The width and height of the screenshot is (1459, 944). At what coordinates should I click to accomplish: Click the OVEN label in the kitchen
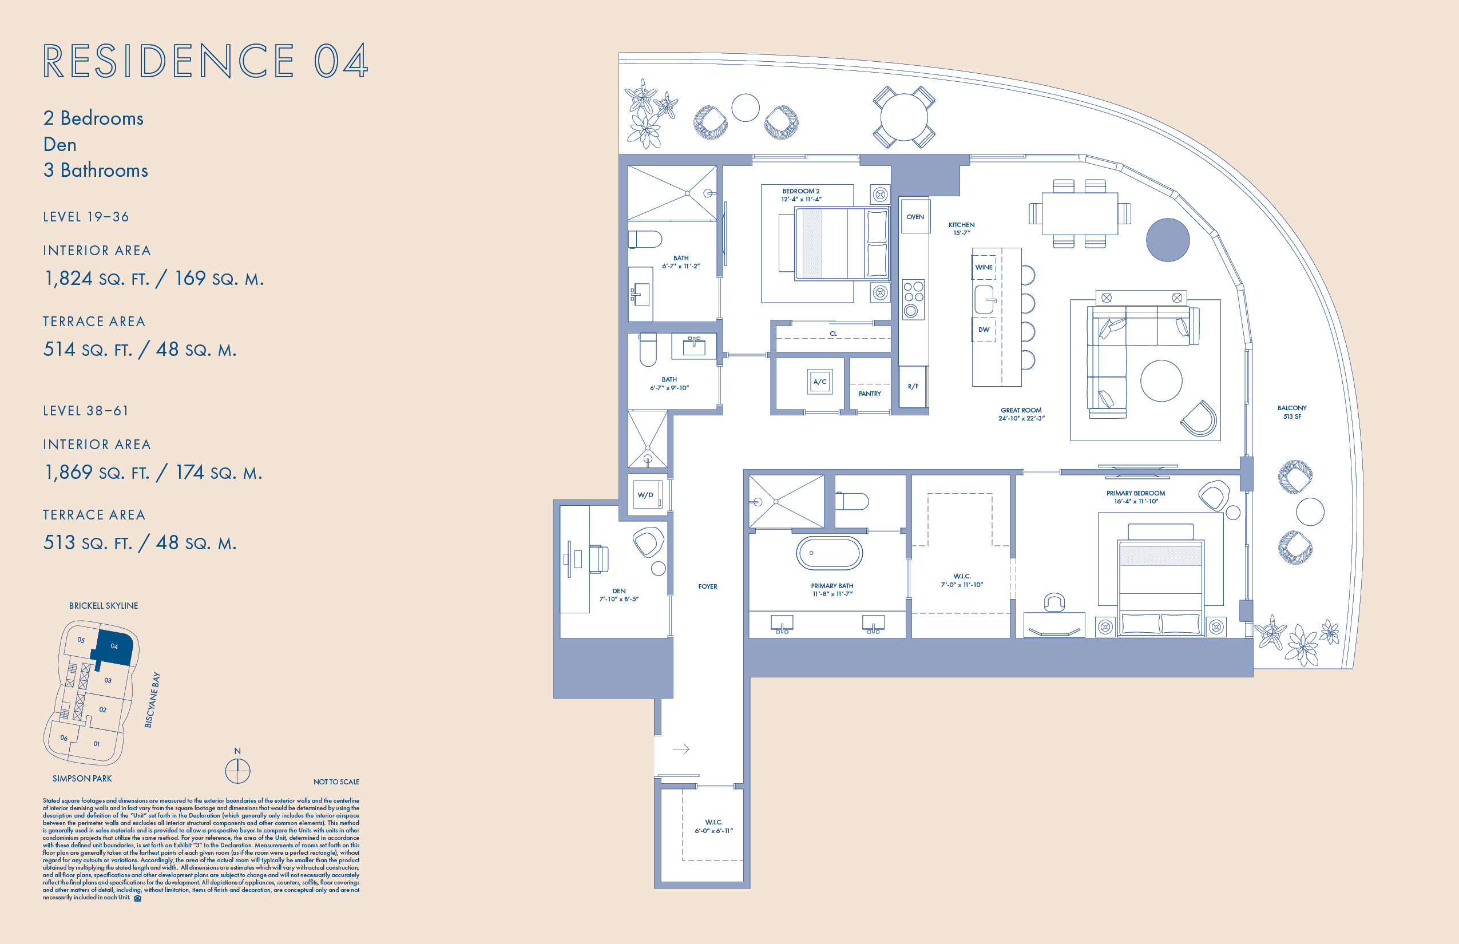(x=915, y=216)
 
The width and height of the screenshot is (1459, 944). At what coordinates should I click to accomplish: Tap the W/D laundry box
(x=646, y=494)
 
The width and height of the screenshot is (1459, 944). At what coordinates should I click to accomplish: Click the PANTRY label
(x=869, y=394)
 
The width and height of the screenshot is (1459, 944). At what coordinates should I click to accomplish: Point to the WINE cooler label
(x=984, y=267)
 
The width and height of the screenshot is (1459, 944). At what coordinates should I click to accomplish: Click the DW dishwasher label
(x=984, y=329)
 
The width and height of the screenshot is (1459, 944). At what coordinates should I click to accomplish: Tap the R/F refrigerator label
(x=913, y=386)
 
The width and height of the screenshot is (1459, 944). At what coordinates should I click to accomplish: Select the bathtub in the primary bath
(x=829, y=553)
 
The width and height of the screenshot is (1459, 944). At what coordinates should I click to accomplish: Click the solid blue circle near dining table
(x=1167, y=240)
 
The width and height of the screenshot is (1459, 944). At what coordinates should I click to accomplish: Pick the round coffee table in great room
(x=1160, y=380)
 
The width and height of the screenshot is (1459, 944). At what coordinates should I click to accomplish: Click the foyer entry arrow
(x=681, y=748)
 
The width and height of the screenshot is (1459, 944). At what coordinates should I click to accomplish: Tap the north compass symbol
(x=237, y=770)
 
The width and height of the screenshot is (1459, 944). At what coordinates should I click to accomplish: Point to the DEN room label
(x=619, y=591)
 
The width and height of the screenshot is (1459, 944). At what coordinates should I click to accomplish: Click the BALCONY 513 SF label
(x=1292, y=412)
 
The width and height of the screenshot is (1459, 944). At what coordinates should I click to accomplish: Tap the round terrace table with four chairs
(x=903, y=117)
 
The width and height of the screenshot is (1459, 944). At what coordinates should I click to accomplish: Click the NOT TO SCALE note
(x=336, y=782)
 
